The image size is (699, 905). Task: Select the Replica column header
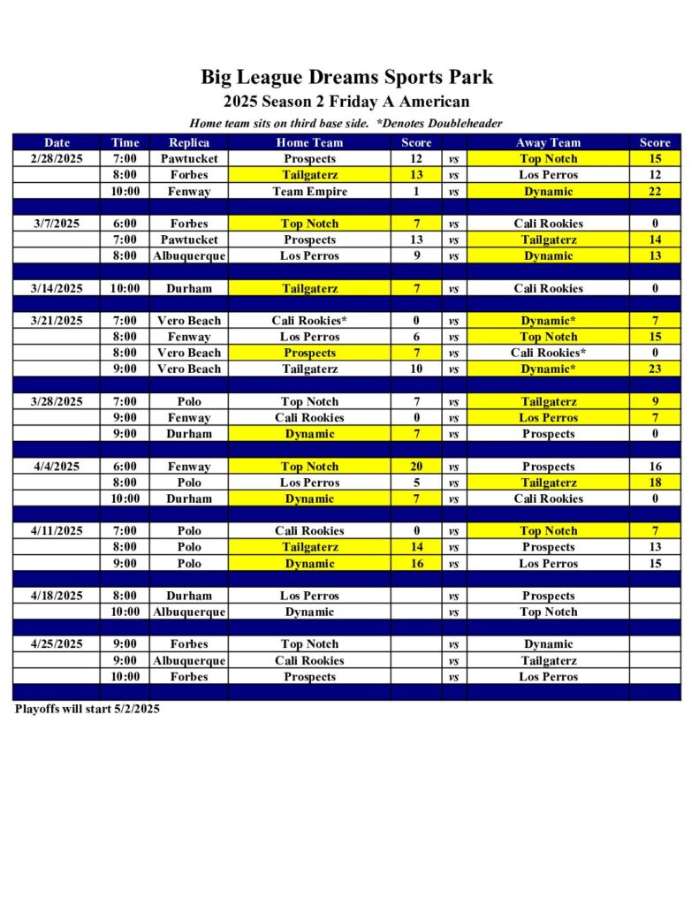pos(189,142)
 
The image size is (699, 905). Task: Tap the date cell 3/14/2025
pos(57,288)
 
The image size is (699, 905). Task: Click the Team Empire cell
pos(309,191)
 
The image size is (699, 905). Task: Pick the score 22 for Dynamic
pos(655,191)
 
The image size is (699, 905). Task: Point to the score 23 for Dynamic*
pos(655,369)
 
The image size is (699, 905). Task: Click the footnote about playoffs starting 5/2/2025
pos(87,709)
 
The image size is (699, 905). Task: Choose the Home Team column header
pos(309,142)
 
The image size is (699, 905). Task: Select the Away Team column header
pos(548,142)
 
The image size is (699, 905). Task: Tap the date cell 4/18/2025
pos(57,596)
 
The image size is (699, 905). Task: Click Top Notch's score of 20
pos(416,467)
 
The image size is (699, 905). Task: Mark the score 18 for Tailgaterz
pos(655,483)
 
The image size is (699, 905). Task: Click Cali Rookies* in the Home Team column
pos(309,321)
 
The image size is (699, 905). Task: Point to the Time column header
pos(125,142)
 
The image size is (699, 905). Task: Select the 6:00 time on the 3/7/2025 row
pos(125,224)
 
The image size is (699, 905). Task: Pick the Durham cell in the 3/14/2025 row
pos(189,288)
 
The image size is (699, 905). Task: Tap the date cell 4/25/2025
pos(57,644)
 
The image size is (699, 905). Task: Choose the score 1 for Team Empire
pos(416,191)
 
